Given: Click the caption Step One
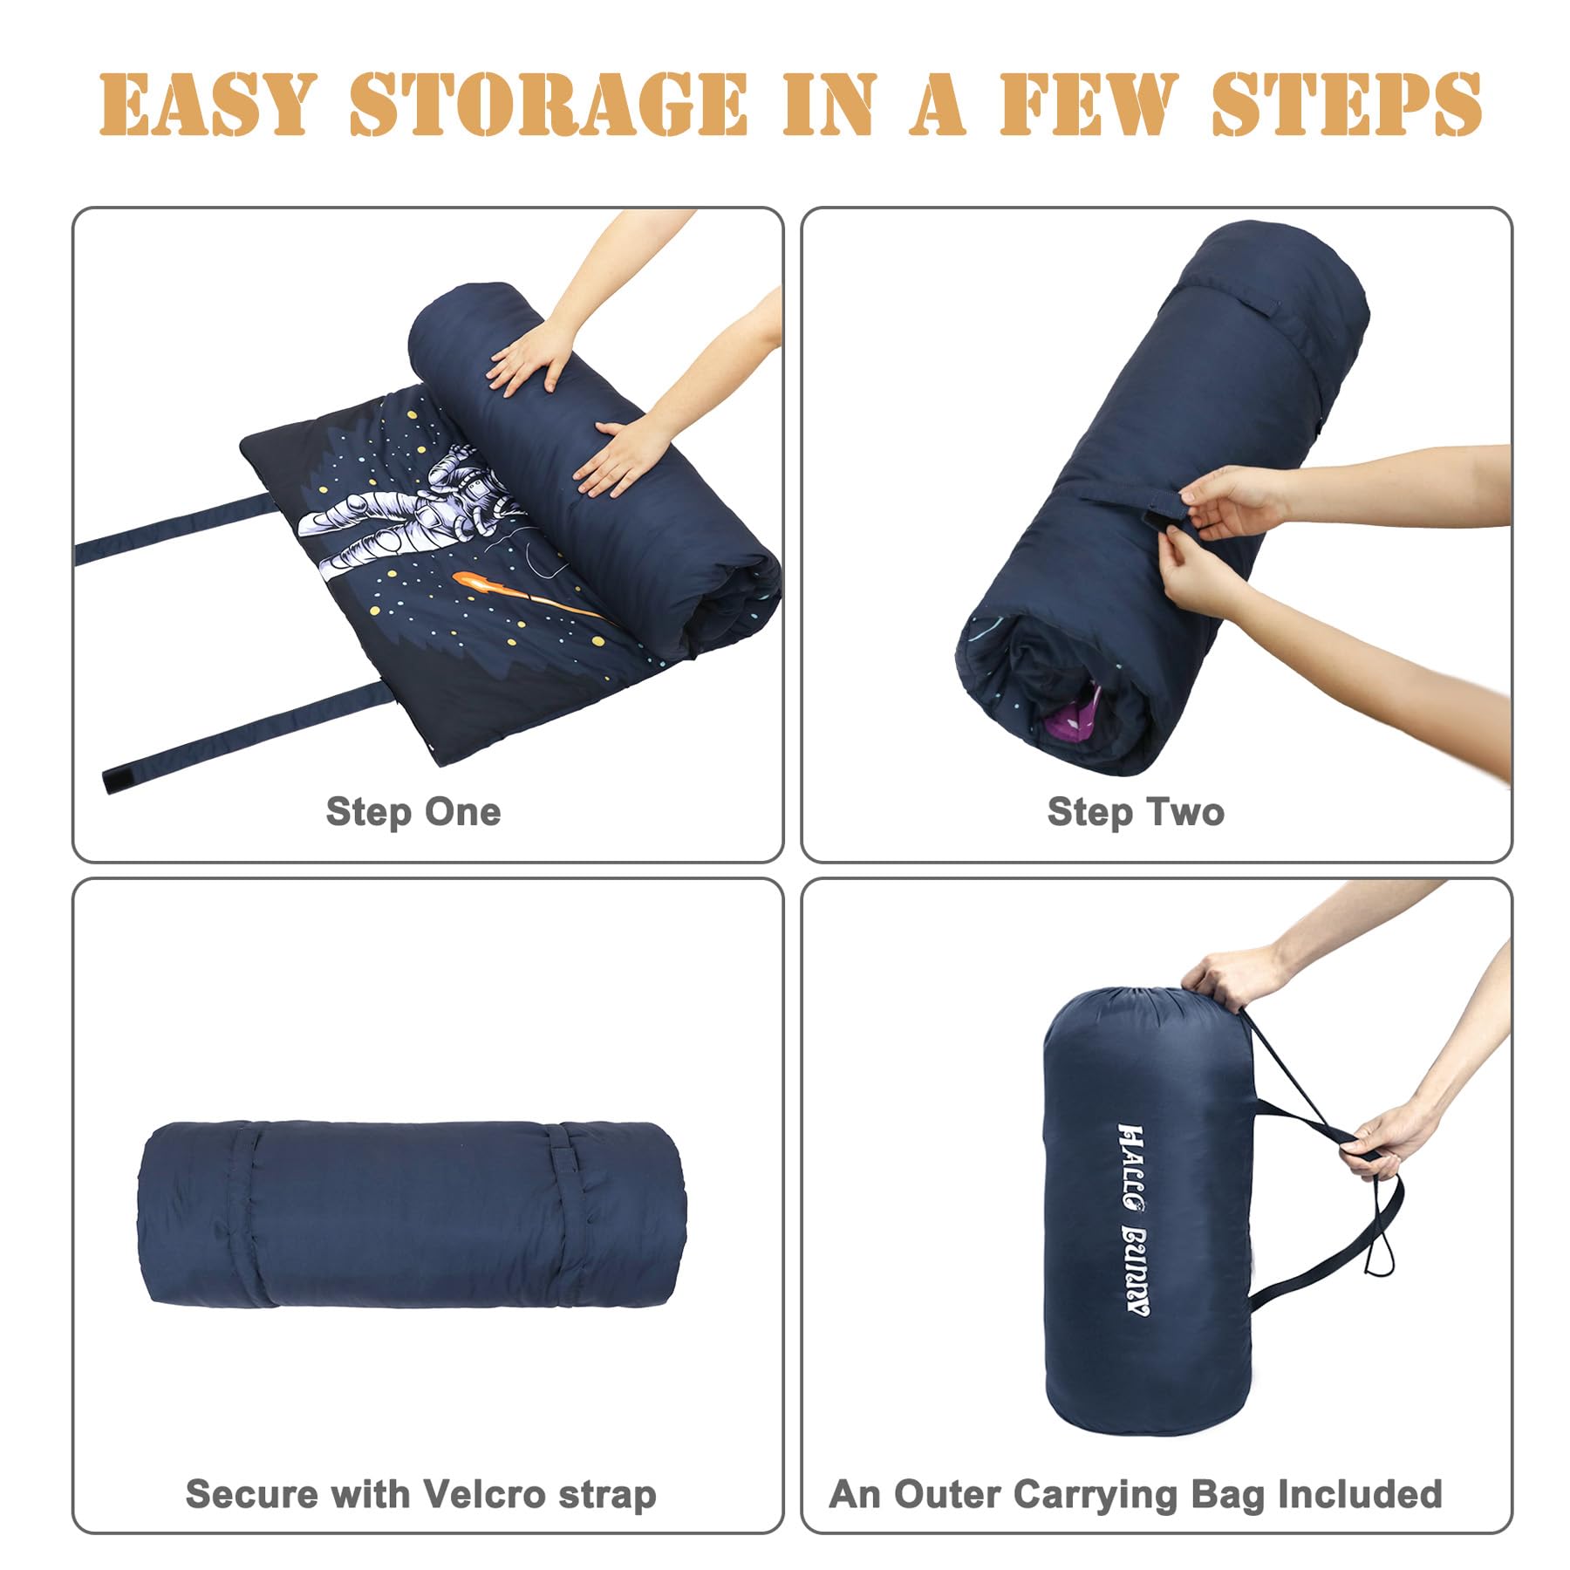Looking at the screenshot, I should pos(413,812).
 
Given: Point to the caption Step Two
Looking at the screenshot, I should pos(1136,812).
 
